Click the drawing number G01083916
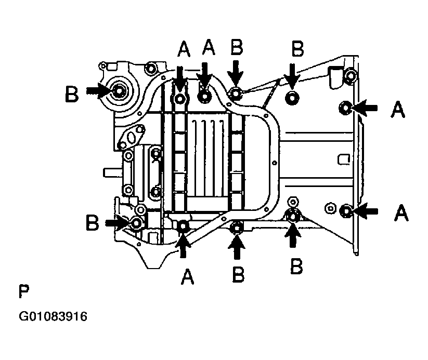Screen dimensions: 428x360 pyautogui.click(x=53, y=316)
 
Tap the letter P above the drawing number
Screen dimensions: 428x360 pyautogui.click(x=24, y=291)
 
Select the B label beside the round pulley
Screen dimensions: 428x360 pyautogui.click(x=72, y=94)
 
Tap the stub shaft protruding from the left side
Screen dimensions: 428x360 pyautogui.click(x=112, y=172)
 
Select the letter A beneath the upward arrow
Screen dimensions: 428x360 pyautogui.click(x=188, y=276)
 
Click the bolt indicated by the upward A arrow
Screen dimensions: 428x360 pyautogui.click(x=183, y=226)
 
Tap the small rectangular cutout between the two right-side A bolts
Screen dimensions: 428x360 pyautogui.click(x=344, y=159)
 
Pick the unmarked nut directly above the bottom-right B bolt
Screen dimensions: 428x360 pyautogui.click(x=293, y=202)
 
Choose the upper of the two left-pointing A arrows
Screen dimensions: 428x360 pyautogui.click(x=365, y=108)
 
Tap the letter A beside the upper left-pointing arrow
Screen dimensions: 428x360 pyautogui.click(x=398, y=110)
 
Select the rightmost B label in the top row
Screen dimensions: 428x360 pyautogui.click(x=297, y=49)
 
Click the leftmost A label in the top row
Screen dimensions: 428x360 pyautogui.click(x=184, y=50)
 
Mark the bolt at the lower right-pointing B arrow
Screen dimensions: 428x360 pyautogui.click(x=136, y=223)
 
